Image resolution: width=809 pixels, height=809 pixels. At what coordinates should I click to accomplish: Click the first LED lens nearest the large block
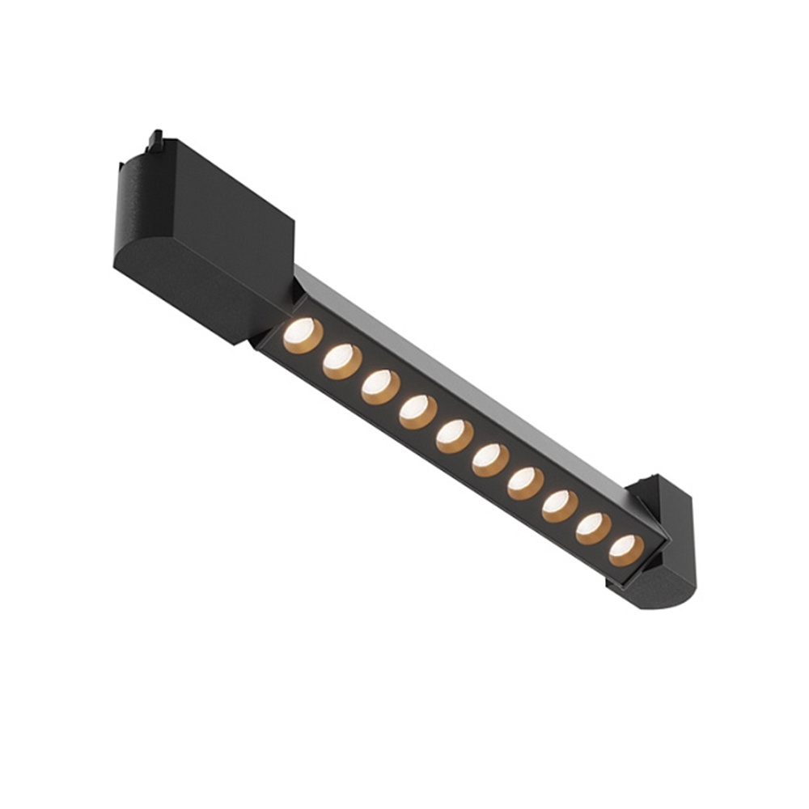(303, 335)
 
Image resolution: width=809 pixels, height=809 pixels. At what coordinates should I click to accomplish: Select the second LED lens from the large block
(341, 361)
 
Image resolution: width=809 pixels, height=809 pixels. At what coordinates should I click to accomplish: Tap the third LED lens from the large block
(380, 386)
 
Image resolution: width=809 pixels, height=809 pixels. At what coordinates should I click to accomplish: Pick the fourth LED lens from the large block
(417, 412)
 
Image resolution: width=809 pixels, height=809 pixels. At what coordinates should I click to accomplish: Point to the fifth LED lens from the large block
(455, 436)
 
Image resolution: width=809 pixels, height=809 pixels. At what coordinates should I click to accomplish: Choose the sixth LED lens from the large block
(490, 460)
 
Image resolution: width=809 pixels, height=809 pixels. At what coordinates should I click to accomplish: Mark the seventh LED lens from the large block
(525, 483)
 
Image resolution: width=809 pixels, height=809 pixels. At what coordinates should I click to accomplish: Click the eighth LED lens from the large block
(559, 506)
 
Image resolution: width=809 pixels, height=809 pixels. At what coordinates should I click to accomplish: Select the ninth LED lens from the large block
(593, 528)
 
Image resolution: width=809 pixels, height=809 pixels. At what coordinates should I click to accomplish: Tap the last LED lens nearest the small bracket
(626, 550)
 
